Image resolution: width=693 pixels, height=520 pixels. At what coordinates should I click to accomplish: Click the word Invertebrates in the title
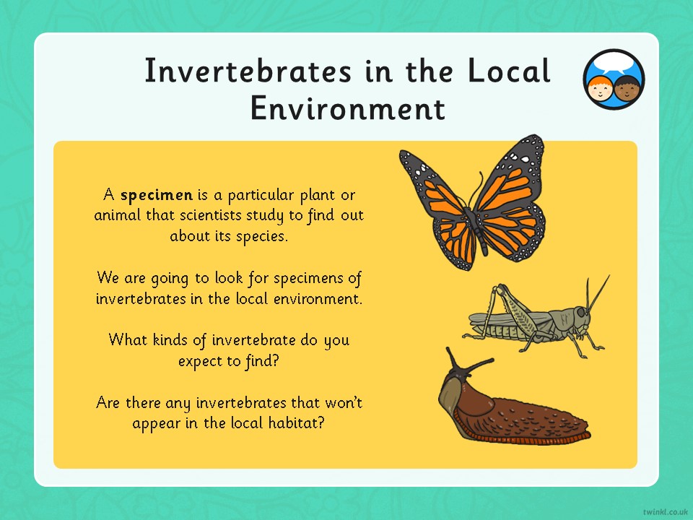click(x=248, y=71)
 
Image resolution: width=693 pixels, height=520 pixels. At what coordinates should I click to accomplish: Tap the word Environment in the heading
click(x=348, y=108)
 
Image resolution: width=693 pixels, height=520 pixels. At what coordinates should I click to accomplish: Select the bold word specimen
click(x=157, y=196)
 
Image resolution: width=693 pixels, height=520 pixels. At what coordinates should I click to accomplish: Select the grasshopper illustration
click(x=536, y=316)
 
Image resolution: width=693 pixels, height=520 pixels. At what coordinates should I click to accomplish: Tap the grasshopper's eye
click(x=580, y=313)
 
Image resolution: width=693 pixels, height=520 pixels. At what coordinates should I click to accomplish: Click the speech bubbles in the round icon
click(x=614, y=64)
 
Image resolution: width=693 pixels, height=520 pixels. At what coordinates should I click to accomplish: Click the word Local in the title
click(x=509, y=71)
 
